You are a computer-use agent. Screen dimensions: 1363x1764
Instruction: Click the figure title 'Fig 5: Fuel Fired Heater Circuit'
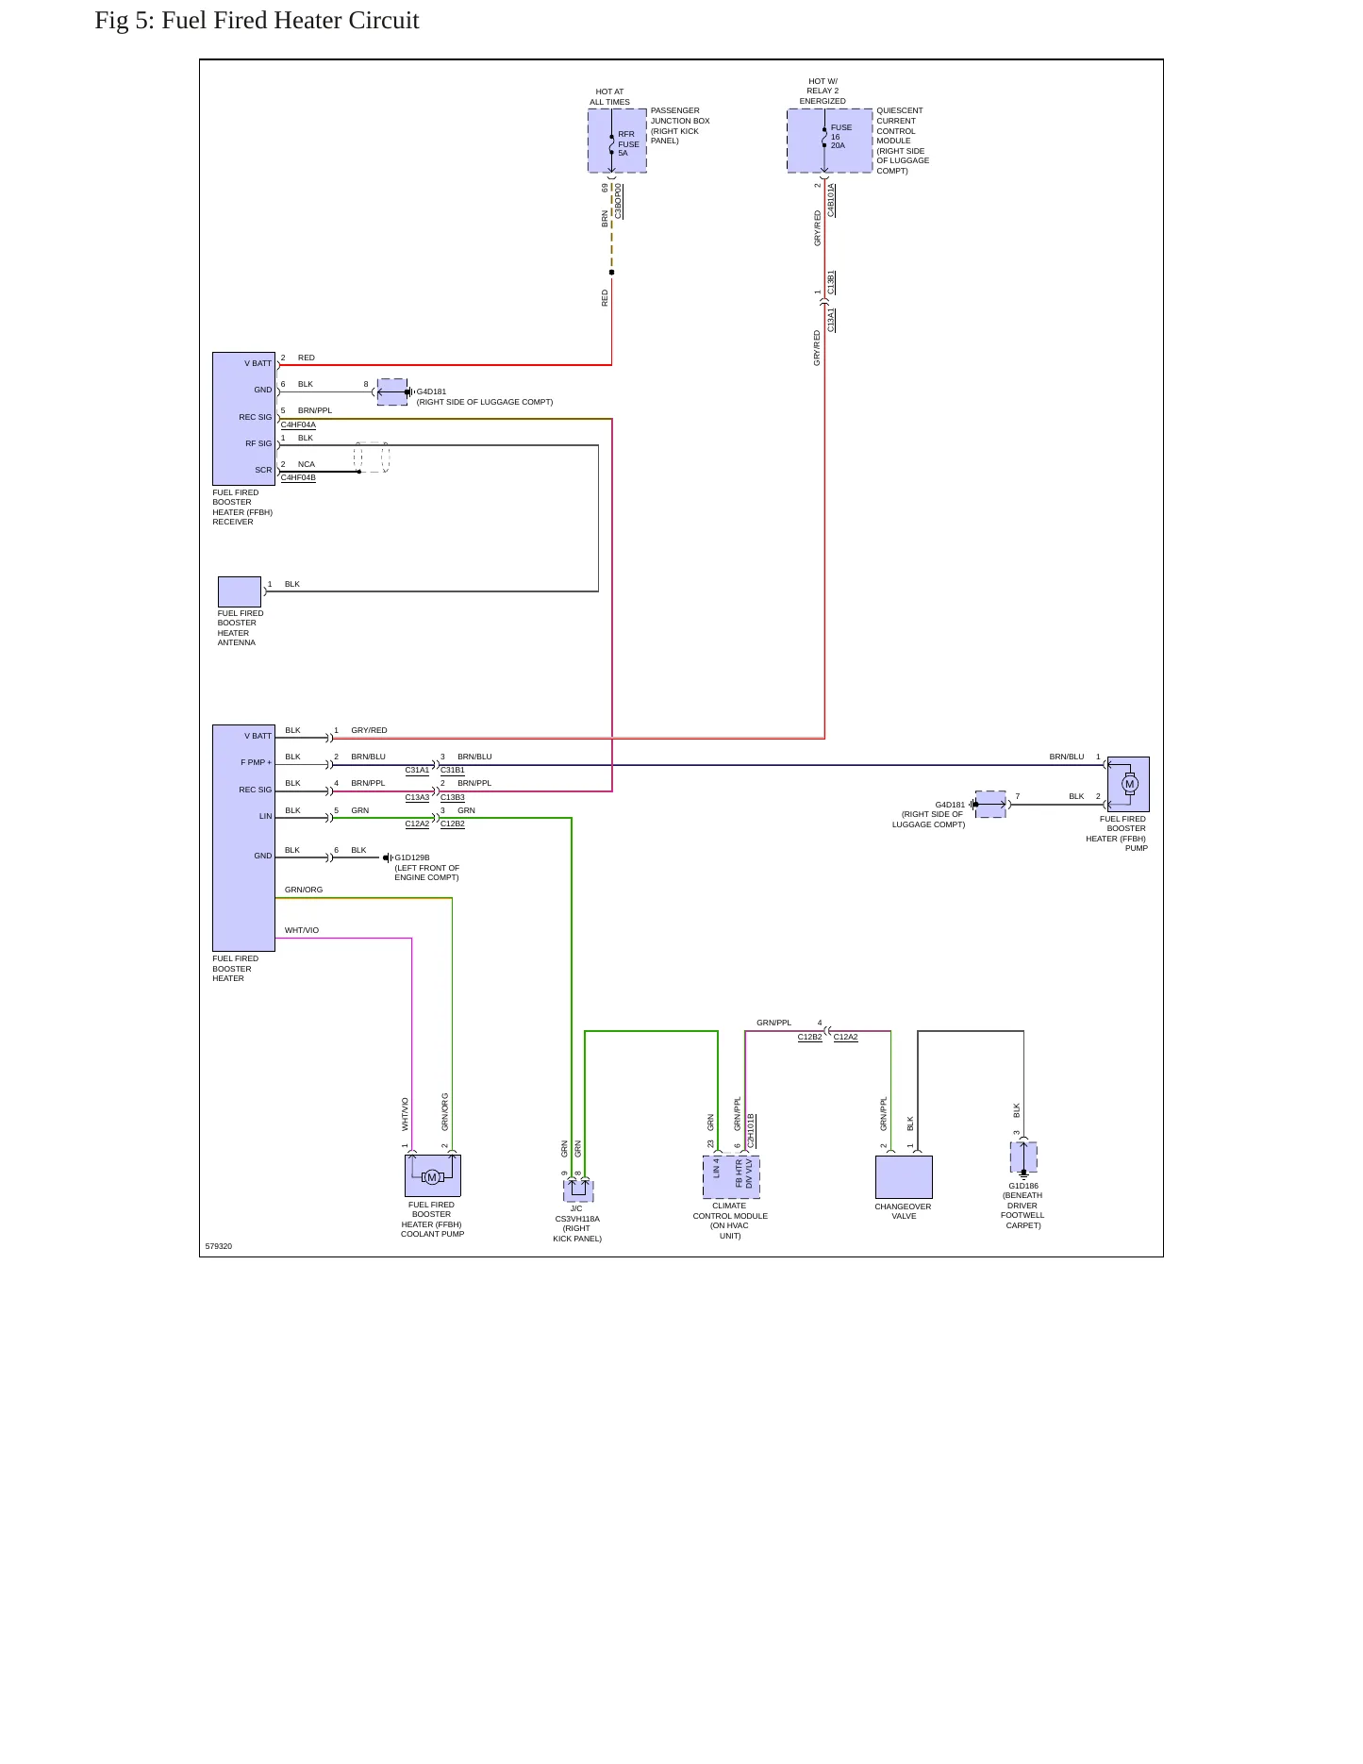pyautogui.click(x=257, y=21)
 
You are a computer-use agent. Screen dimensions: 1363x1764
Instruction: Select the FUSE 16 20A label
pyautogui.click(x=840, y=137)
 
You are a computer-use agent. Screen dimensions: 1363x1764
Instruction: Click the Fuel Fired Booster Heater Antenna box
pyautogui.click(x=240, y=591)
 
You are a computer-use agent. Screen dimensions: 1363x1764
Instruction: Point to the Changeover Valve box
pyautogui.click(x=904, y=1177)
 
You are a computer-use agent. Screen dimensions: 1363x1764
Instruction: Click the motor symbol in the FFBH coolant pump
pyautogui.click(x=432, y=1177)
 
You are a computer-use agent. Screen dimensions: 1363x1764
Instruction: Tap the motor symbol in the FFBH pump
pyautogui.click(x=1129, y=784)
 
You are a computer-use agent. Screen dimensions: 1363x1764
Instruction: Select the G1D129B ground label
pyautogui.click(x=412, y=858)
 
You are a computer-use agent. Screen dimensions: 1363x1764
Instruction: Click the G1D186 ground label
pyautogui.click(x=1023, y=1186)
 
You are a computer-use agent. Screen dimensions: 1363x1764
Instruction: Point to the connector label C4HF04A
pyautogui.click(x=298, y=424)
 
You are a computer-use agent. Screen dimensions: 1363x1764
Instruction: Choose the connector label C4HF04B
pyautogui.click(x=298, y=477)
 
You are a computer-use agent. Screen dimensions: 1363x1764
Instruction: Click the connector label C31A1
pyautogui.click(x=417, y=770)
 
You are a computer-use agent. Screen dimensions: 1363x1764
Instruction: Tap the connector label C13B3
pyautogui.click(x=453, y=797)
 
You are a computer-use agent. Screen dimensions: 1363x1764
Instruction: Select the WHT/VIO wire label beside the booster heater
pyautogui.click(x=302, y=930)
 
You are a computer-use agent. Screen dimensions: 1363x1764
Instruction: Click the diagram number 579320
pyautogui.click(x=219, y=1246)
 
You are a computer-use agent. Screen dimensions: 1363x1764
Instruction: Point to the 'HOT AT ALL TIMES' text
pyautogui.click(x=610, y=97)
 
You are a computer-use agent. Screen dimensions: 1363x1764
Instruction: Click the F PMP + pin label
pyautogui.click(x=256, y=762)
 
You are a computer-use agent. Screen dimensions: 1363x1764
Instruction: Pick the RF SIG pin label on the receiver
pyautogui.click(x=258, y=443)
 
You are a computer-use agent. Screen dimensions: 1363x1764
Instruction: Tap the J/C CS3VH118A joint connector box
pyautogui.click(x=578, y=1190)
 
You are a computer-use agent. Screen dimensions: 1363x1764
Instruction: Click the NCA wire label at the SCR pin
pyautogui.click(x=307, y=464)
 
